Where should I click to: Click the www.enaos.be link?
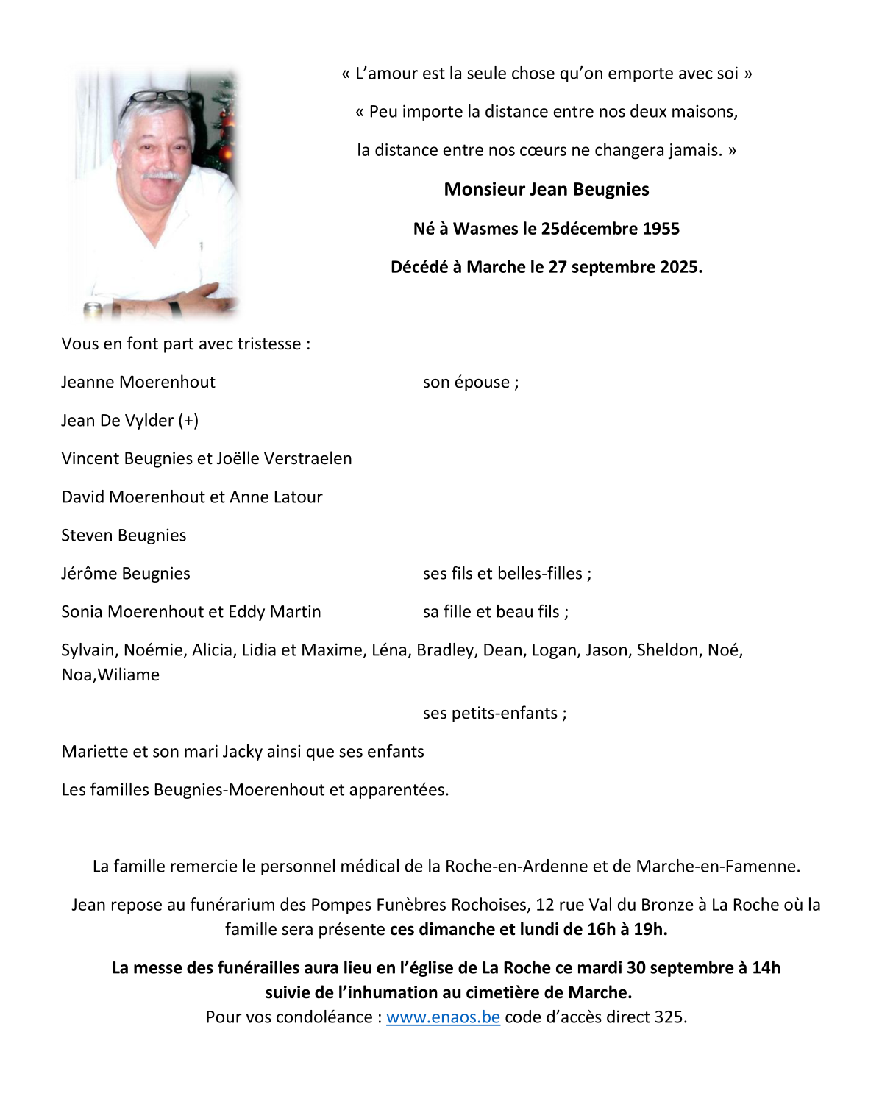coord(443,1017)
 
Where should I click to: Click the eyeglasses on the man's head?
coord(156,98)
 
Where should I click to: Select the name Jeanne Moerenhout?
coord(138,383)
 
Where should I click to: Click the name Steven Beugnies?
coord(124,536)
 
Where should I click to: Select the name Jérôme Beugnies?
coord(126,574)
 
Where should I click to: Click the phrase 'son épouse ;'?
coord(471,383)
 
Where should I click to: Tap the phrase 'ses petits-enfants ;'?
coord(494,714)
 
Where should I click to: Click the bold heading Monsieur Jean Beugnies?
coord(547,190)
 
